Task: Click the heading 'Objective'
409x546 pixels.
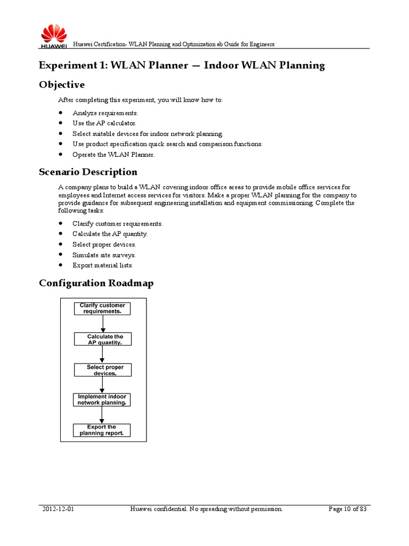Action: click(x=62, y=85)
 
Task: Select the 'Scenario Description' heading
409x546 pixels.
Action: click(x=88, y=172)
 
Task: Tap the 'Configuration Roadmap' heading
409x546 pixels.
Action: click(x=96, y=283)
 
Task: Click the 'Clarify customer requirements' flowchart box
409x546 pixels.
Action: click(x=102, y=309)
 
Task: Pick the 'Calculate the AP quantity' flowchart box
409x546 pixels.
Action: click(x=102, y=339)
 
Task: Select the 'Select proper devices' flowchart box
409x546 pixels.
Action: click(x=102, y=370)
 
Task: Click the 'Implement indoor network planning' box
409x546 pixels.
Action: click(x=102, y=400)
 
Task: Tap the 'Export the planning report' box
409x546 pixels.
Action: click(x=102, y=430)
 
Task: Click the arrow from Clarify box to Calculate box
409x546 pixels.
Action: click(x=102, y=324)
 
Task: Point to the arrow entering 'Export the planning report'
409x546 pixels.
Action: click(x=102, y=415)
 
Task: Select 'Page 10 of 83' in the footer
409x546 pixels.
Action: click(x=347, y=509)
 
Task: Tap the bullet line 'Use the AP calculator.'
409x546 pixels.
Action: click(x=101, y=123)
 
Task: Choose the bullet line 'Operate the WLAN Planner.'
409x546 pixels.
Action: click(x=113, y=155)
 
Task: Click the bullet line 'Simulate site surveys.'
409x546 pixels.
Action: click(x=104, y=255)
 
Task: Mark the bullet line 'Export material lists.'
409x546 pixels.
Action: click(x=103, y=265)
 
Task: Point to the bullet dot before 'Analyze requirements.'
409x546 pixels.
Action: click(x=62, y=113)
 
